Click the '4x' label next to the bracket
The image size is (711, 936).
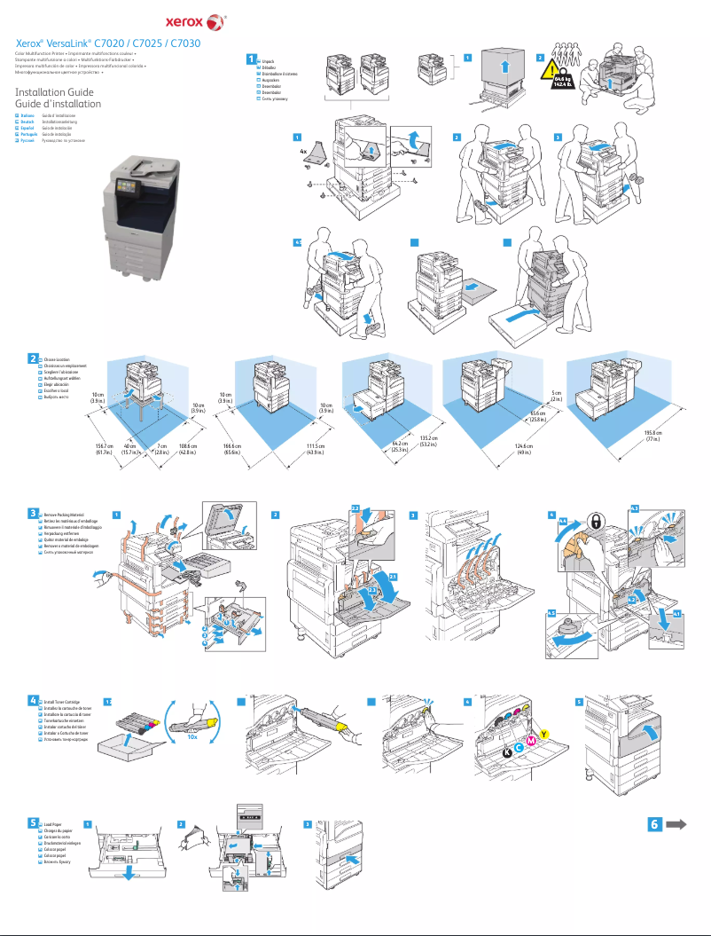[x=304, y=152]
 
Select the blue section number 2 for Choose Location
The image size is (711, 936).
[x=33, y=358]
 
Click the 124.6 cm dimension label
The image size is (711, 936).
[x=522, y=448]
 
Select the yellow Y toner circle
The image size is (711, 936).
[x=543, y=733]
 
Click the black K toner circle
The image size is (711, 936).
[x=507, y=751]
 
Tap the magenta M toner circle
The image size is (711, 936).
[x=531, y=741]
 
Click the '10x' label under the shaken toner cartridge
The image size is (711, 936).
[x=191, y=735]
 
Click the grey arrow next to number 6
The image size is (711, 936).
[x=676, y=824]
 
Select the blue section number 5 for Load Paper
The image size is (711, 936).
[x=33, y=822]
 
